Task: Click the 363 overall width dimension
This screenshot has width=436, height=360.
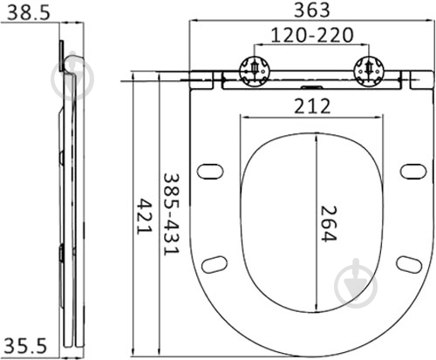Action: [312, 10]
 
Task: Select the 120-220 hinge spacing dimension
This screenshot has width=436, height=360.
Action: [312, 35]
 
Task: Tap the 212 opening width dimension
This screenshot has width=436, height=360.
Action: [312, 106]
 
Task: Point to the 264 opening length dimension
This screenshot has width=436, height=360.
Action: [329, 223]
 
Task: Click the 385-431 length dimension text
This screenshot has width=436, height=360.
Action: [171, 214]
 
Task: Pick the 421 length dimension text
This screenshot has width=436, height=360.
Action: [145, 216]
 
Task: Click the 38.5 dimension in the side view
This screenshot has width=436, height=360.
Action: [29, 13]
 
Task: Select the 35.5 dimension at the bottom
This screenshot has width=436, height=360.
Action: [25, 346]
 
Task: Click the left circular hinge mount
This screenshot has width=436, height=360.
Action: [255, 71]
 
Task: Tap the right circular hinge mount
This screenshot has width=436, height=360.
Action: [369, 71]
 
